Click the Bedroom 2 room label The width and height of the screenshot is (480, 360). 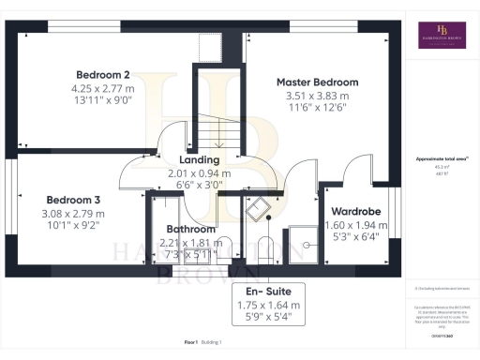102,73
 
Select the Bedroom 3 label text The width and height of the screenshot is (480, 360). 74,200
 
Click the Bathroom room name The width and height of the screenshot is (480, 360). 190,229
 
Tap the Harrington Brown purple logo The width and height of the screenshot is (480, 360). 442,36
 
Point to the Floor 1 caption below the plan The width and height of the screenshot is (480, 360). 190,343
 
